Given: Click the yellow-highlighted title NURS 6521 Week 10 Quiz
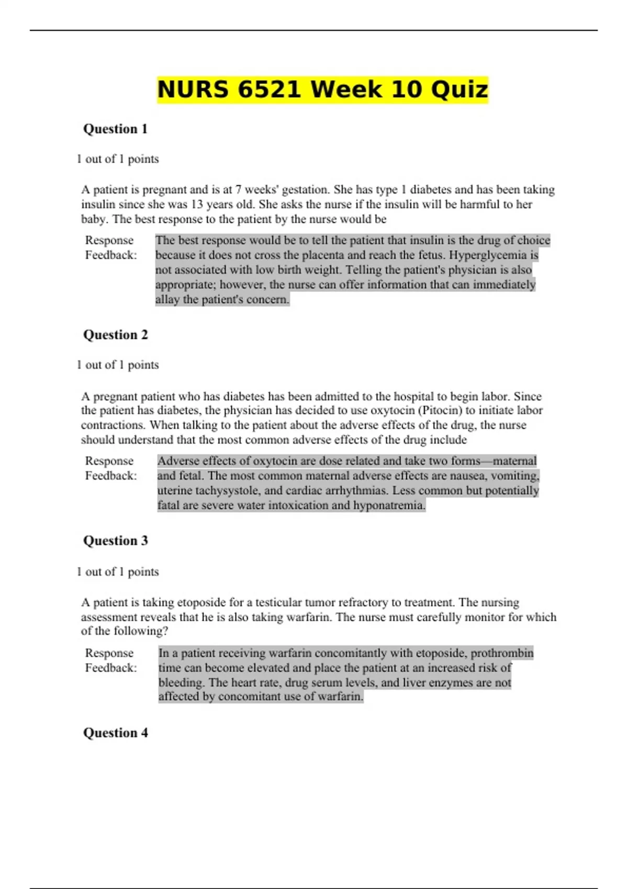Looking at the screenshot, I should click(x=322, y=89).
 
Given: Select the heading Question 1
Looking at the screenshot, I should click(x=115, y=129).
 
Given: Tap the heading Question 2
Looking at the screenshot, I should click(x=115, y=335).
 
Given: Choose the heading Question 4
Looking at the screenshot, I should click(x=115, y=733).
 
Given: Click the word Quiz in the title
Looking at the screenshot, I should click(x=459, y=89).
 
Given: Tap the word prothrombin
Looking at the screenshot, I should click(x=502, y=653).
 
